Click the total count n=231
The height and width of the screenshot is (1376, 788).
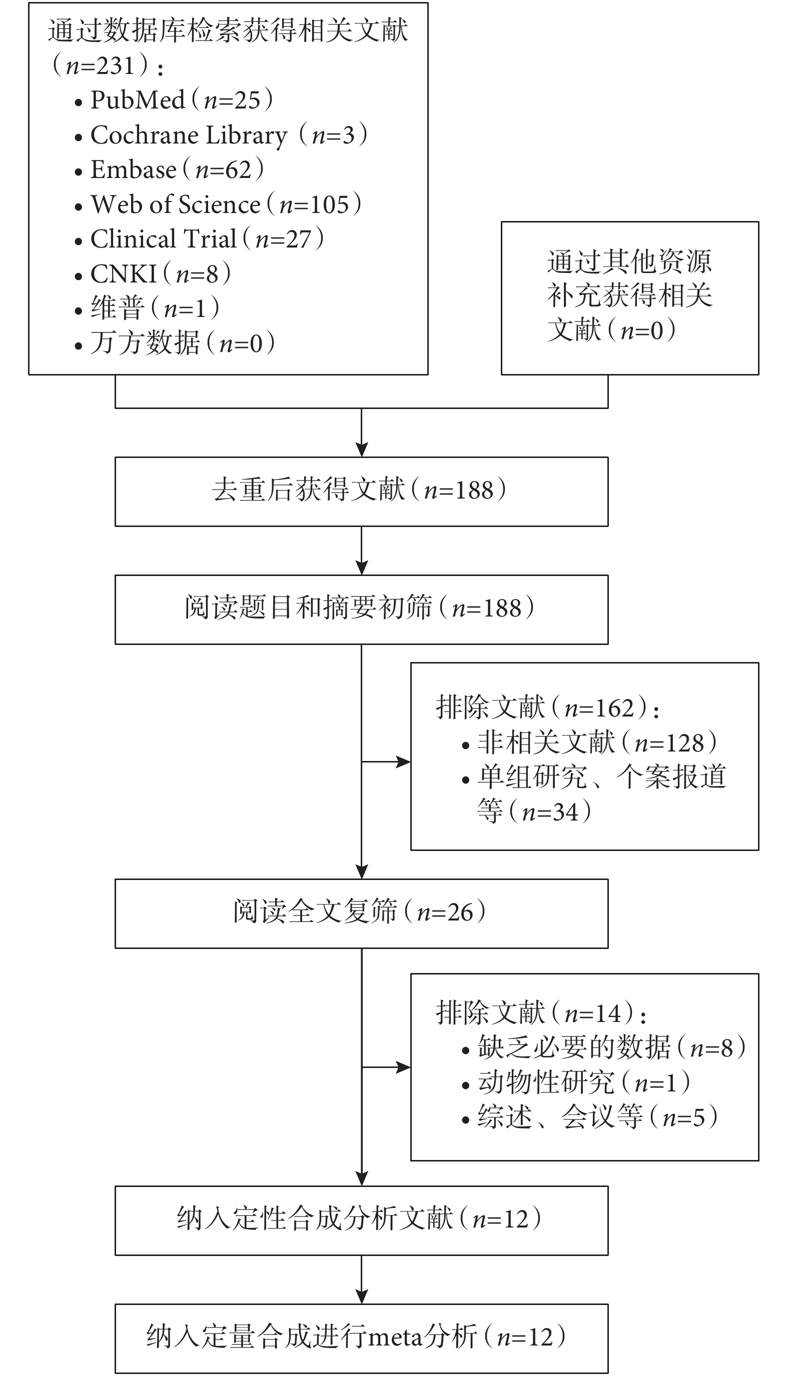point(100,66)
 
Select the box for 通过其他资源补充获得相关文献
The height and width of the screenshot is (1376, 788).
point(630,298)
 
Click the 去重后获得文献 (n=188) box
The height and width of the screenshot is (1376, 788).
point(362,491)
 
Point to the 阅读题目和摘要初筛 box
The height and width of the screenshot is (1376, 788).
point(362,609)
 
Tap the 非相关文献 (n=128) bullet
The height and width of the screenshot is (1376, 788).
point(590,742)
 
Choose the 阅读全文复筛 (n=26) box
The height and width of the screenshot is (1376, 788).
point(362,913)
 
